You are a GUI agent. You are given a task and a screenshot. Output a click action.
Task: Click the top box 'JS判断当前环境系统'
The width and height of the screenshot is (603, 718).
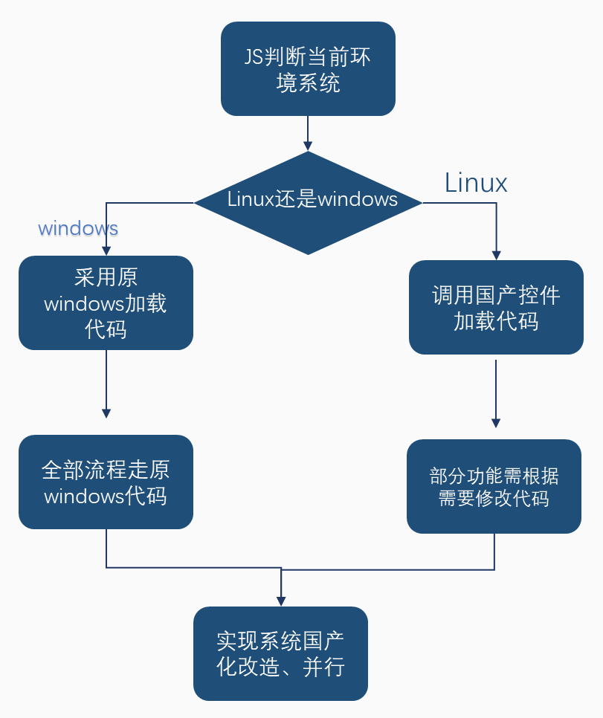pos(308,68)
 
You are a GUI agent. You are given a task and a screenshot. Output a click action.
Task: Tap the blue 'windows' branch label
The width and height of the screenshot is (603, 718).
pos(78,227)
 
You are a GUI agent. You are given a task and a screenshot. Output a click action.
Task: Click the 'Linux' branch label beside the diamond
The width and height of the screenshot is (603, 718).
pos(476,183)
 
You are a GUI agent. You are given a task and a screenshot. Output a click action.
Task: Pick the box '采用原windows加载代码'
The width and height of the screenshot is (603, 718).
pos(106,303)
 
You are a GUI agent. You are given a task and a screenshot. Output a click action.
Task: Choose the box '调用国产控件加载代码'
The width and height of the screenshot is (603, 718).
pos(496,307)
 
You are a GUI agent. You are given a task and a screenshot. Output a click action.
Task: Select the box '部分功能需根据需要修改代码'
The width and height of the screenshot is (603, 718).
pos(494,486)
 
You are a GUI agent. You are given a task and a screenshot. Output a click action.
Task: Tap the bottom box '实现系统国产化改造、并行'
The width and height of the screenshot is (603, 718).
pos(280,653)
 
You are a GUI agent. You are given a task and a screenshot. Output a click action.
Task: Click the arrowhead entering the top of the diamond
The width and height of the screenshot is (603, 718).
pos(308,146)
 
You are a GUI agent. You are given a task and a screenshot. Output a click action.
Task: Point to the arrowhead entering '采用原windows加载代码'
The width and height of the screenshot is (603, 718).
pos(106,250)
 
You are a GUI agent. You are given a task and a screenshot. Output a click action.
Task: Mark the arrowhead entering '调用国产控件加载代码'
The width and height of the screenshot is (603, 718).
pos(496,255)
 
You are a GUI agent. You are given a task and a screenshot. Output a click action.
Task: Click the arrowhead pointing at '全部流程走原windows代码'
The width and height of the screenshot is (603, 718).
pos(106,413)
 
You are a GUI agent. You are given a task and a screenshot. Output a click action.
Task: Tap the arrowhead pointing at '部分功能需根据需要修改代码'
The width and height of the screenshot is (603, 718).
pos(496,423)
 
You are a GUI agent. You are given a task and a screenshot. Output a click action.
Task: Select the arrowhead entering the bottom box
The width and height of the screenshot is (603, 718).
pos(281,601)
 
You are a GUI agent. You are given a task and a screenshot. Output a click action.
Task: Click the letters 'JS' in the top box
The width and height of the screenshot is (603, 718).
pos(254,57)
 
